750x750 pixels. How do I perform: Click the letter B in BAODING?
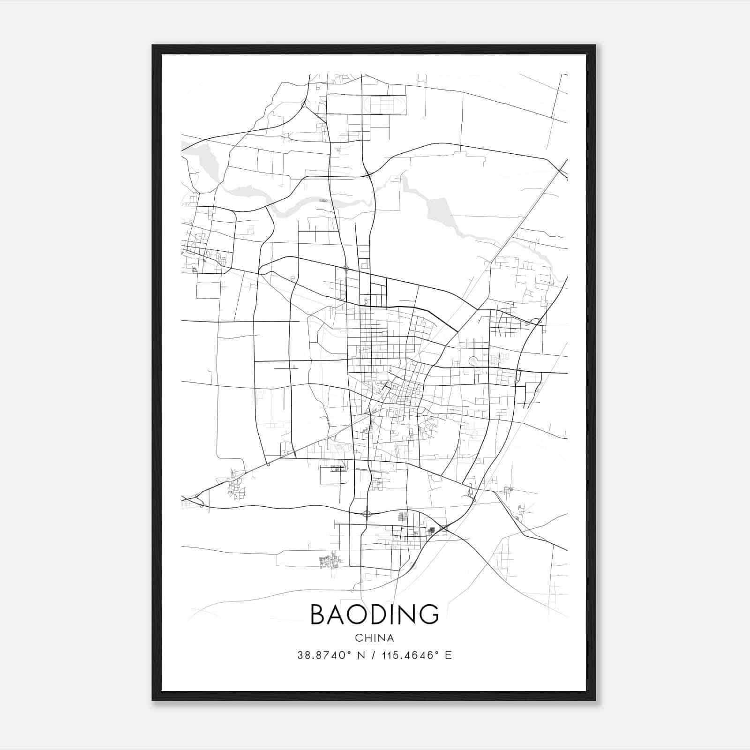318,614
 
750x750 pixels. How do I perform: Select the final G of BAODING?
428,614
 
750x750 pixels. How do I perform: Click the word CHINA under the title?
375,638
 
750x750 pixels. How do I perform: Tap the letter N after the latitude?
361,655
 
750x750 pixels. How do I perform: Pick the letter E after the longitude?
448,655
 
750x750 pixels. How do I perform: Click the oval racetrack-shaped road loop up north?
385,105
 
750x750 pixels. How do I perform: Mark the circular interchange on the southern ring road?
367,514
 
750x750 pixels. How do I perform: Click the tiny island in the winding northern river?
323,200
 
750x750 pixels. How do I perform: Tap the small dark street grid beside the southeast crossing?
432,530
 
